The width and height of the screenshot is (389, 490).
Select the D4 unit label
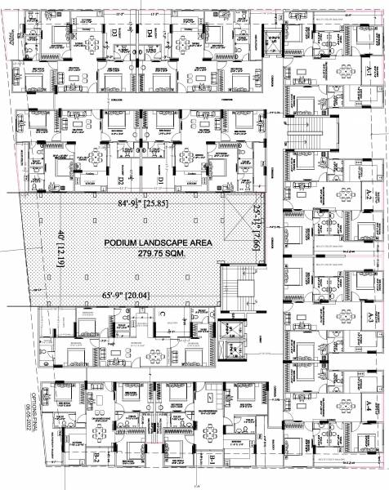150,33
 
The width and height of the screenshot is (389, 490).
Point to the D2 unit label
118,180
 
